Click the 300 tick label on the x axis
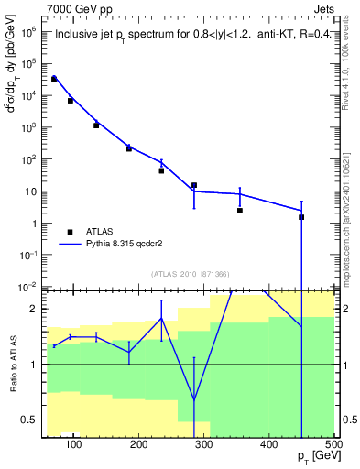(204, 444)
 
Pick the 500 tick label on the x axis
(333, 444)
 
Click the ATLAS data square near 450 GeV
(301, 217)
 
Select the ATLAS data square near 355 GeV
(240, 211)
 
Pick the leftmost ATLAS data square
(54, 79)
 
